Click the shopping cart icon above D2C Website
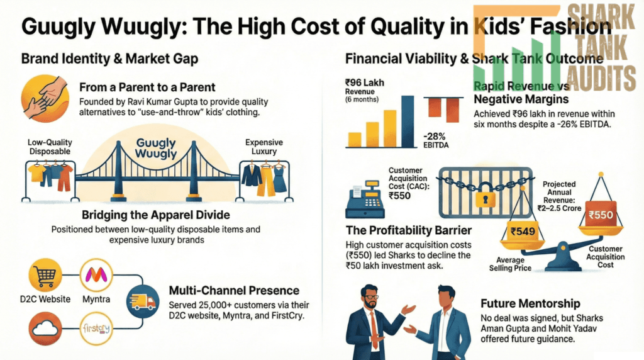tap(45, 275)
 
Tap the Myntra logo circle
tap(96, 275)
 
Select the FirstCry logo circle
tap(96, 329)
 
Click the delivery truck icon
tap(143, 301)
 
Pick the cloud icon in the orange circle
tap(45, 329)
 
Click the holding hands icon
tap(45, 99)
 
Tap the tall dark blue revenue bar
tap(408, 121)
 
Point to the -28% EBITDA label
tap(436, 140)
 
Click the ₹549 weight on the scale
tap(523, 232)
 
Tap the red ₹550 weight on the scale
tap(601, 214)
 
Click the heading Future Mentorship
tap(530, 304)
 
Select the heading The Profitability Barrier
tap(409, 230)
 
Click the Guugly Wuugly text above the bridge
tap(156, 148)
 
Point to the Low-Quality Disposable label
tap(50, 147)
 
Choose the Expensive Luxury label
tap(264, 147)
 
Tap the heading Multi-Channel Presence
tap(234, 291)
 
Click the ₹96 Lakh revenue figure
tap(365, 82)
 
